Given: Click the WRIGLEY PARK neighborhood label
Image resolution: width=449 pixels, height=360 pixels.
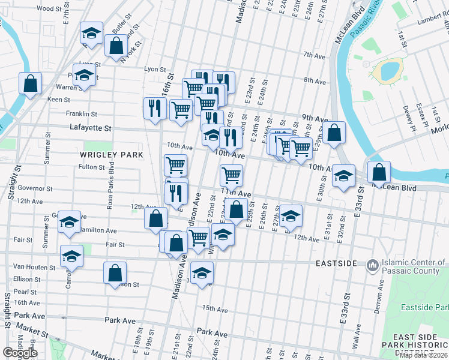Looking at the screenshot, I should coord(112,155).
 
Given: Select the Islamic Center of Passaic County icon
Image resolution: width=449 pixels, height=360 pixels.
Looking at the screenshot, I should coord(372,264).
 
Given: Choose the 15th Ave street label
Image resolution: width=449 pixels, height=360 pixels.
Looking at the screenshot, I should coord(215,309).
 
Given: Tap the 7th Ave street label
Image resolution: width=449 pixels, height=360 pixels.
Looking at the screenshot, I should coord(314,55).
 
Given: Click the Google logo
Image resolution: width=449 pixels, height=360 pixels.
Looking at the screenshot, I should coord(20,353).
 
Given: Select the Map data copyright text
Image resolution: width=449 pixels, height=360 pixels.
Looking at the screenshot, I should coord(424,355).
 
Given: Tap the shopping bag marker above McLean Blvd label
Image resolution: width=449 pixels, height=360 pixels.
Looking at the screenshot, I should coord(379,172).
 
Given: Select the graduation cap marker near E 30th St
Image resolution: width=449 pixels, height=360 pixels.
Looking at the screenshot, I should coord(343,176).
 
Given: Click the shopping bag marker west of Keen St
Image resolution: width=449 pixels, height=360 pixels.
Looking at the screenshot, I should coord(30,83).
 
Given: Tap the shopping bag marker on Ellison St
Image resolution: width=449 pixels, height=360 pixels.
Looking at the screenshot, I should coord(115,272).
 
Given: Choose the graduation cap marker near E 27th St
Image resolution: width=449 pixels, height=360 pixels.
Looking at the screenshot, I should coord(291,216).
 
